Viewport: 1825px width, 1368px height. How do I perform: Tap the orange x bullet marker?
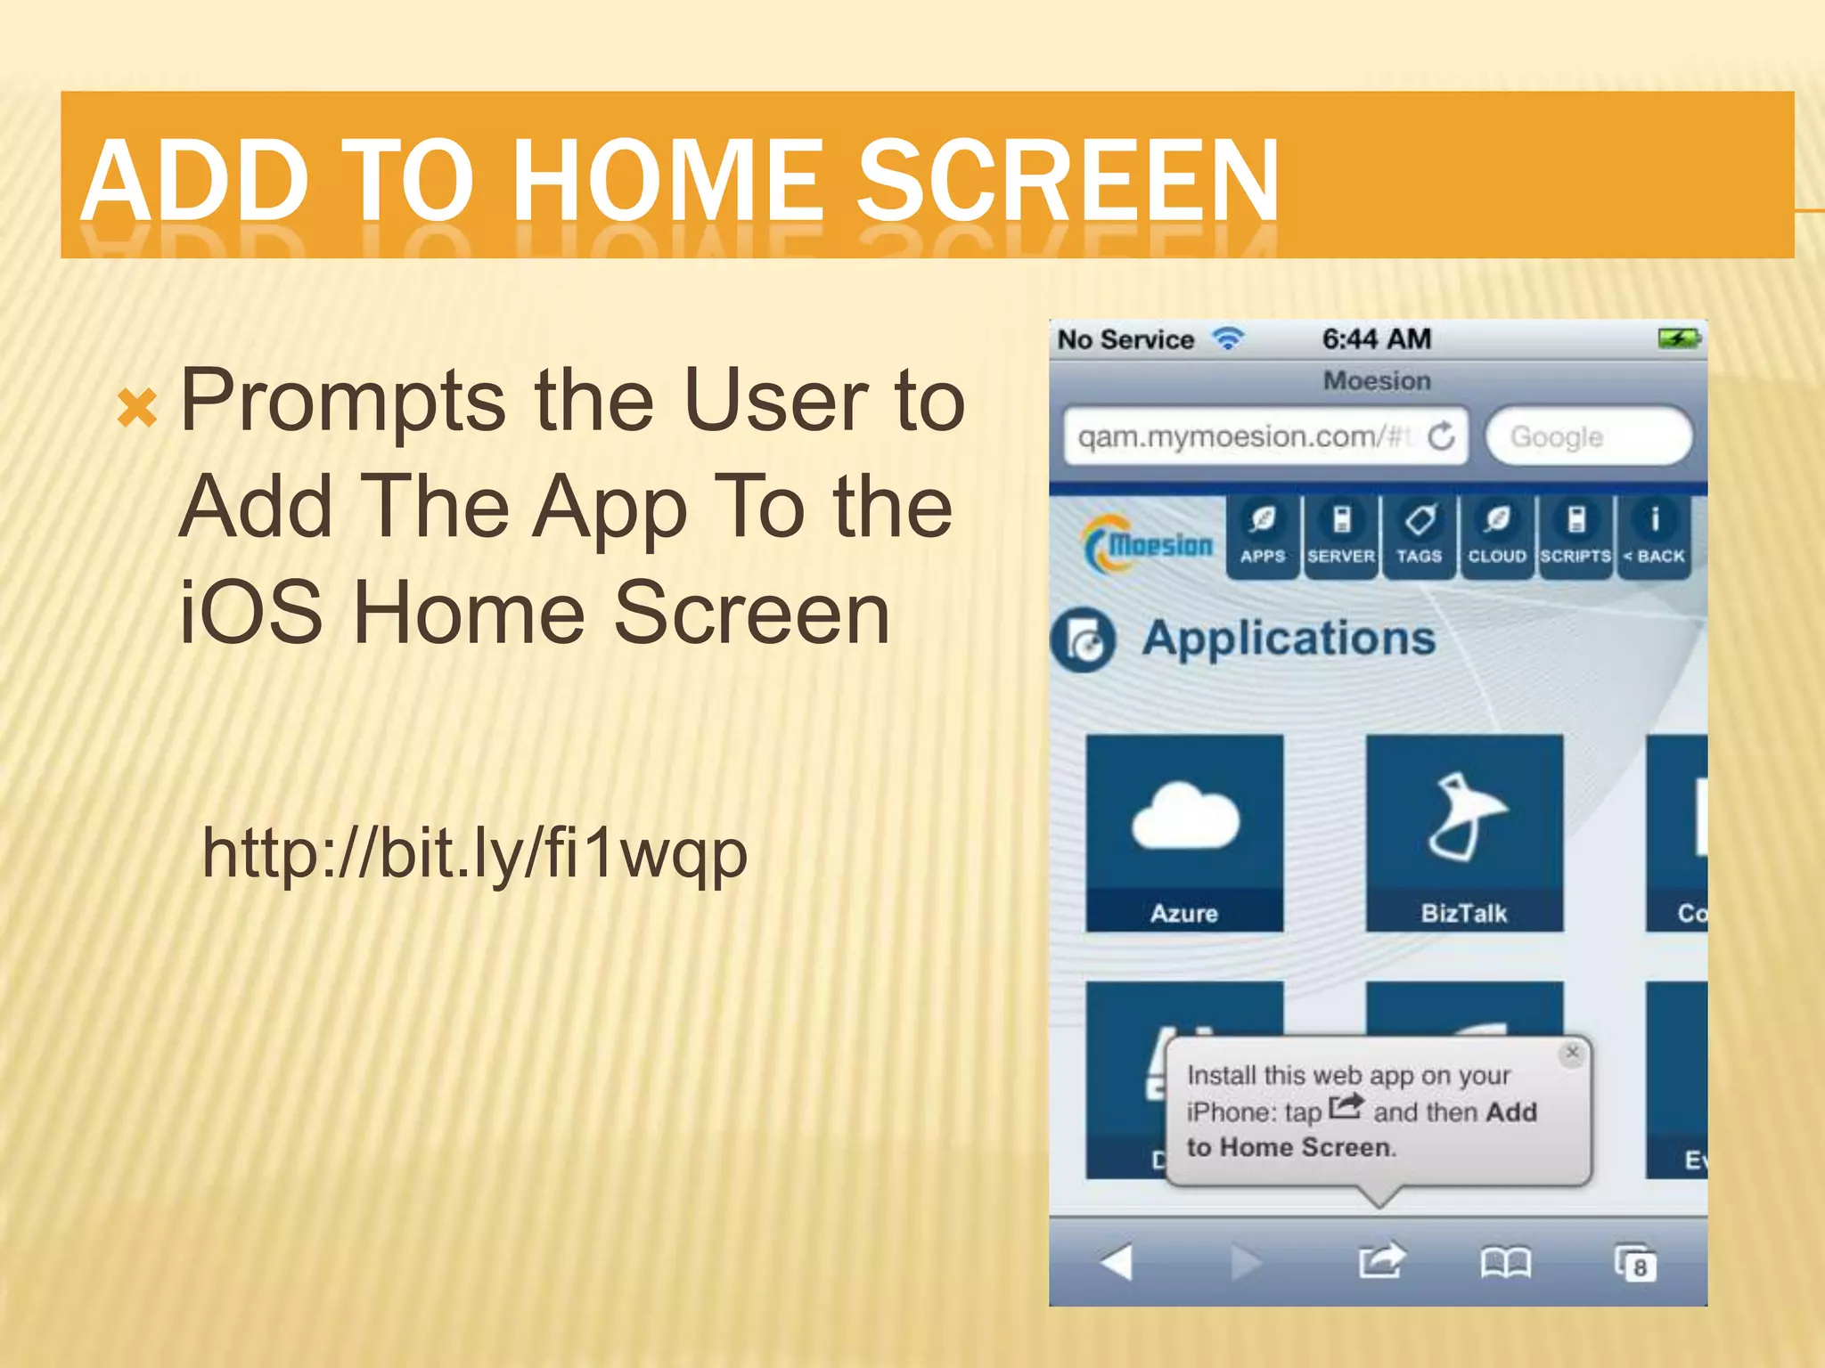tap(137, 408)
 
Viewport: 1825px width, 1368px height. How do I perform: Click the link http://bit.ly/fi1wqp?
tap(474, 853)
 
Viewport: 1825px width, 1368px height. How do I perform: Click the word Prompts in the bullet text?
tap(343, 400)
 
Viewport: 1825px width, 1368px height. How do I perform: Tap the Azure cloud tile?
tap(1184, 832)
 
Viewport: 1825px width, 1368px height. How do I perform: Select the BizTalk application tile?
tap(1463, 832)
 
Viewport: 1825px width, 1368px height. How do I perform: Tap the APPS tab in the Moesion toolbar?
tap(1262, 537)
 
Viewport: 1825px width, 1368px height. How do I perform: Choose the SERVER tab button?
tap(1340, 537)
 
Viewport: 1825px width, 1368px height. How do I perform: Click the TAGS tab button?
tap(1419, 537)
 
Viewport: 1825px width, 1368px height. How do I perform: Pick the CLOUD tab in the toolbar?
tap(1497, 537)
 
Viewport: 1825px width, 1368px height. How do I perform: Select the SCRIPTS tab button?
tap(1575, 537)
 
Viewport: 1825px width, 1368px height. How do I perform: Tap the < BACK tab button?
tap(1654, 537)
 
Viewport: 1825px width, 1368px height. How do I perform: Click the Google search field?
tap(1588, 436)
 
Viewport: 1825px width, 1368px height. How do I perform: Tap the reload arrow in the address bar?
tap(1441, 436)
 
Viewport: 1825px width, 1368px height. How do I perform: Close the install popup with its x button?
tap(1572, 1053)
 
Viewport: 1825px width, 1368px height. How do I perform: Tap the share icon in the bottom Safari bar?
tap(1379, 1261)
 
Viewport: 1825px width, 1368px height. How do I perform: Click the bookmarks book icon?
tap(1505, 1262)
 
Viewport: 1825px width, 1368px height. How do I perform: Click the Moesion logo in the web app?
tap(1148, 543)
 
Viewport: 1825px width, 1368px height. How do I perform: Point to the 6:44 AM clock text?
tap(1376, 339)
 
